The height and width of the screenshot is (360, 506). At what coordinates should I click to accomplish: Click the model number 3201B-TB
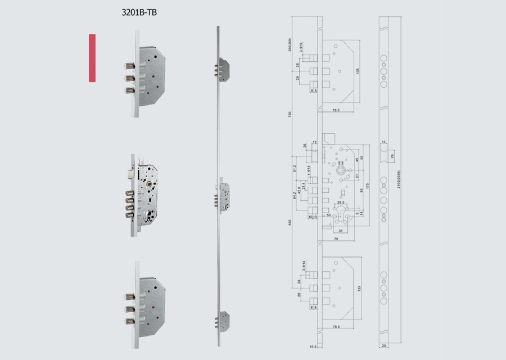pos(135,12)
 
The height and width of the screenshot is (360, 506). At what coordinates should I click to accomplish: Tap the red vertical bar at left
pos(92,58)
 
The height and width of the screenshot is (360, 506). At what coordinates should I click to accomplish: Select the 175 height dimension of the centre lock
pos(367,185)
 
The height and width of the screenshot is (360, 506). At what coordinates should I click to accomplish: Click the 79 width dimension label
pos(335,239)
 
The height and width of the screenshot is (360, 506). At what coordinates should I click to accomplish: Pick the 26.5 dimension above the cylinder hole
pos(341,203)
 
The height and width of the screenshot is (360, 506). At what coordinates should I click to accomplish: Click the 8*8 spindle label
pos(341,162)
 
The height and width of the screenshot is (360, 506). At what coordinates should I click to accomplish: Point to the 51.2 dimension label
pos(295,169)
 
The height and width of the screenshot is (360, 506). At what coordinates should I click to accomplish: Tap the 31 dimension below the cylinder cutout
pos(341,230)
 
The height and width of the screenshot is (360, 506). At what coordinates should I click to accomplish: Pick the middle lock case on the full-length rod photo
pos(223,196)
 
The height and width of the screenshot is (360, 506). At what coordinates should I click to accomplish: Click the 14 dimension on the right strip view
pos(383,142)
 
